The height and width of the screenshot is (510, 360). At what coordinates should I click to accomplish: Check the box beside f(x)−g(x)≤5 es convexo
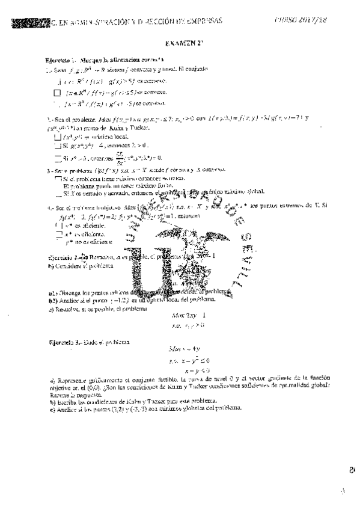(x=58, y=93)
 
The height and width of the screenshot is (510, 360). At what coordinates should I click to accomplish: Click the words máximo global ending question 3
(x=245, y=191)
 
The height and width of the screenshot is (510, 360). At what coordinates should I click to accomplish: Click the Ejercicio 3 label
(x=62, y=342)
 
